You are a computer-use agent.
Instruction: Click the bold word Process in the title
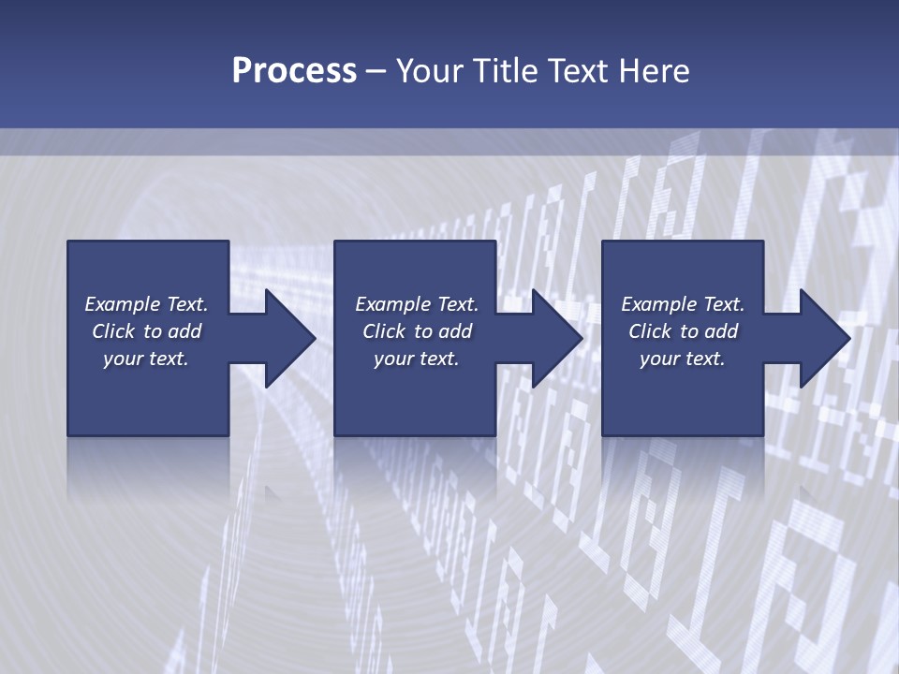(294, 71)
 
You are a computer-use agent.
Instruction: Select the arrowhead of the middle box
(555, 338)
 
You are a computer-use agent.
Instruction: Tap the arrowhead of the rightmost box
(823, 338)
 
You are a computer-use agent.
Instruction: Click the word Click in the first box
(113, 331)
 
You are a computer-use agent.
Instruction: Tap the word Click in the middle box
(384, 331)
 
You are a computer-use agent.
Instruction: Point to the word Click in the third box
(650, 331)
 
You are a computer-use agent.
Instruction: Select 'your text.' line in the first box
(146, 359)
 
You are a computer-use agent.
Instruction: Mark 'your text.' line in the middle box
(416, 359)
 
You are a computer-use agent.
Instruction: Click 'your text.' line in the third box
(682, 359)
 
